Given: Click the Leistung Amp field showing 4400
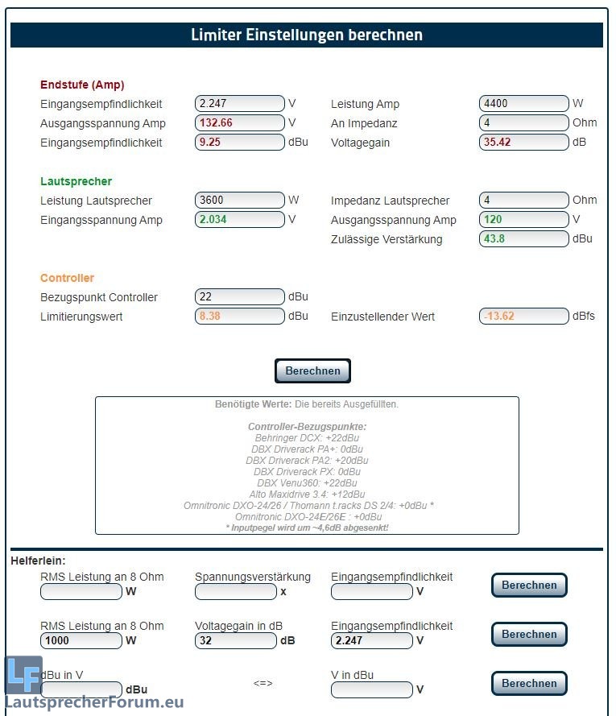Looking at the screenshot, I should tap(523, 104).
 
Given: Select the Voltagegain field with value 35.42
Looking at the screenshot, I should tap(523, 143).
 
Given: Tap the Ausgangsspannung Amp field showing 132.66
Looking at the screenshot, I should tap(239, 123).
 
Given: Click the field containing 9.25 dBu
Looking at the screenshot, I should tap(239, 143).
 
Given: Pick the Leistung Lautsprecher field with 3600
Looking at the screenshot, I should tap(239, 201).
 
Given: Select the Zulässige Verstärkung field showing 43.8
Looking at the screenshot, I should tap(523, 239).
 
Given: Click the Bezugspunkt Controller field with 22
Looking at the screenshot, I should tap(239, 297).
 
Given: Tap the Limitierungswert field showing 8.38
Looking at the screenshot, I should tap(239, 317).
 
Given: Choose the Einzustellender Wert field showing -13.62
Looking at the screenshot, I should tap(523, 317).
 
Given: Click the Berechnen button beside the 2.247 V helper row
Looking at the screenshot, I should tap(529, 635).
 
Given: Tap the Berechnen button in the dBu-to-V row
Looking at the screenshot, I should tap(529, 684).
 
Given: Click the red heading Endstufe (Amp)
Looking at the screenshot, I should tap(82, 85).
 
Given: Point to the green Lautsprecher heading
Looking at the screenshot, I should tap(76, 181).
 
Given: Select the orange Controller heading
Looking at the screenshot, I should tap(67, 278).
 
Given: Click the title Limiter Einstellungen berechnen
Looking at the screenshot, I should tap(306, 35).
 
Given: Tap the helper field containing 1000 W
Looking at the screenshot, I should tap(81, 641).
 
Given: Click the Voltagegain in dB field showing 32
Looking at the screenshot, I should tap(235, 641).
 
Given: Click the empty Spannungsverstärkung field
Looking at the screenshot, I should tap(235, 592).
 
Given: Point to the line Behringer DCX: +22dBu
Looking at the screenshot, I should tap(307, 437).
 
